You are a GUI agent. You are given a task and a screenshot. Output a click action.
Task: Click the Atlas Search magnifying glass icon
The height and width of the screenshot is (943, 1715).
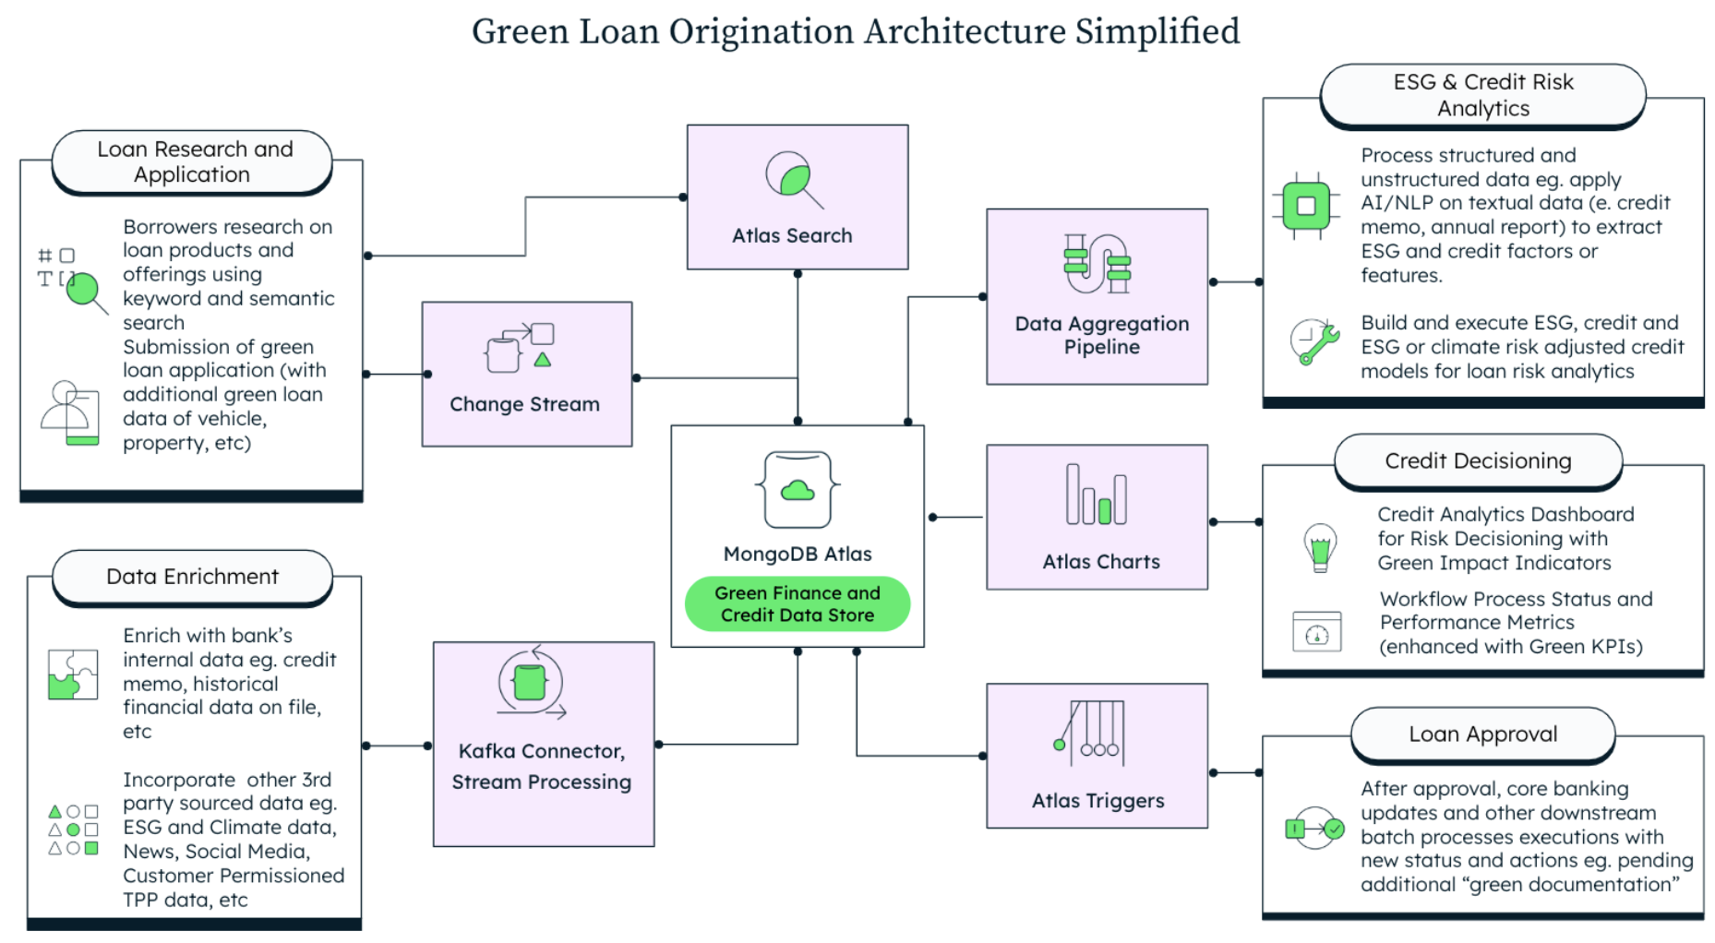tap(793, 178)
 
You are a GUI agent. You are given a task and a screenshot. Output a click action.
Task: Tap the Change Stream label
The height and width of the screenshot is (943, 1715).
tap(524, 404)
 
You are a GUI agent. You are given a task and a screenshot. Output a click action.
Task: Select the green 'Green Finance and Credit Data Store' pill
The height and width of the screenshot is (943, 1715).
tap(797, 604)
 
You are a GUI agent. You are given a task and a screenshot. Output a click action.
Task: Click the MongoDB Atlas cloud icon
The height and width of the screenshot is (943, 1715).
tap(798, 490)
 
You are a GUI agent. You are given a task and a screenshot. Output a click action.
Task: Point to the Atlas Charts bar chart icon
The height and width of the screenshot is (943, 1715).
tap(1096, 495)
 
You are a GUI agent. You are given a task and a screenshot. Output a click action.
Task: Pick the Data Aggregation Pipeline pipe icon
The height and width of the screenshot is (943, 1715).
tap(1097, 264)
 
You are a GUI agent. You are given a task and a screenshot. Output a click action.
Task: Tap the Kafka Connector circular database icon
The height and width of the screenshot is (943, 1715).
tap(530, 683)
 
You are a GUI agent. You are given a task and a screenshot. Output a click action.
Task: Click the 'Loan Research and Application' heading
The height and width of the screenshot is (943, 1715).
tap(193, 162)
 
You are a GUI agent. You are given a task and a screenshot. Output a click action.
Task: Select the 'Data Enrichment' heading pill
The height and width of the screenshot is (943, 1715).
tap(192, 577)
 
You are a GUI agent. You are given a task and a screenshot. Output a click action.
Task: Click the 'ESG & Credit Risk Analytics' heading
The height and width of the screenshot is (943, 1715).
tap(1482, 95)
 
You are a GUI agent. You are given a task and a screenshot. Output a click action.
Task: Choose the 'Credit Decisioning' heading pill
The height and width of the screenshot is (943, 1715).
tap(1477, 461)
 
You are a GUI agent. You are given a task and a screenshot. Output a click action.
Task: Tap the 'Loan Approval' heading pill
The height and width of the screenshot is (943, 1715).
tap(1482, 734)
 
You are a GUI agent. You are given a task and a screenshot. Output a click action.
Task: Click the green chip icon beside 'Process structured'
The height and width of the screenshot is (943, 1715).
tap(1305, 206)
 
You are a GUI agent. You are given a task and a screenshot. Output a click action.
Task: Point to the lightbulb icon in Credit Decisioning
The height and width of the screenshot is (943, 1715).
tap(1320, 547)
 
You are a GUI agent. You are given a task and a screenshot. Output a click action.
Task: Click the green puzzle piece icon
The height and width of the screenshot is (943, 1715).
tap(72, 674)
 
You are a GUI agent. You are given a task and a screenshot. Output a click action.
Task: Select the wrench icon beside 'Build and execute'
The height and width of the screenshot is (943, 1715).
tap(1314, 342)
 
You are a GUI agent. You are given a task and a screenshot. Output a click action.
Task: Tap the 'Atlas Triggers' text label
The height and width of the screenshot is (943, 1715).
tap(1097, 801)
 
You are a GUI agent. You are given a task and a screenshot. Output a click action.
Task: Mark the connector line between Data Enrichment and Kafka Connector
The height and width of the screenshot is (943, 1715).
tap(397, 746)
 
